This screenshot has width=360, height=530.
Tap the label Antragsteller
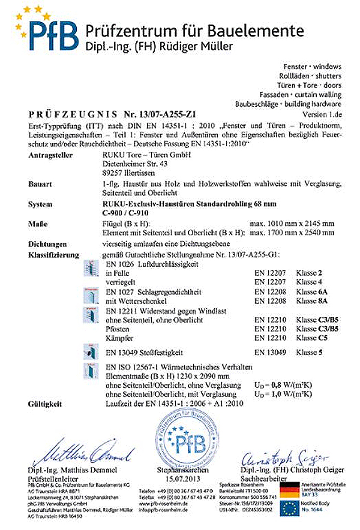pyautogui.click(x=50, y=155)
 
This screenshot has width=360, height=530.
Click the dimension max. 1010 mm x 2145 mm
pyautogui.click(x=291, y=224)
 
